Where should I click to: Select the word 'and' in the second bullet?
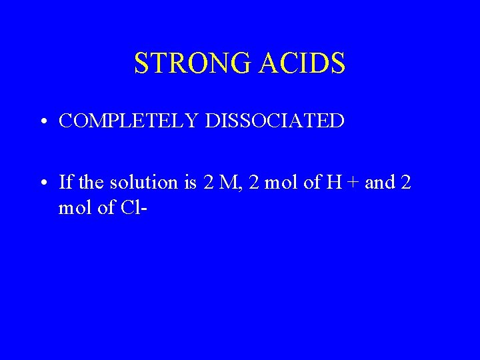tap(379, 181)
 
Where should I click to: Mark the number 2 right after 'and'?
tap(407, 181)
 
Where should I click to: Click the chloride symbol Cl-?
tap(134, 208)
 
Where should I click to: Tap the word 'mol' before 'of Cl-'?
tap(75, 208)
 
